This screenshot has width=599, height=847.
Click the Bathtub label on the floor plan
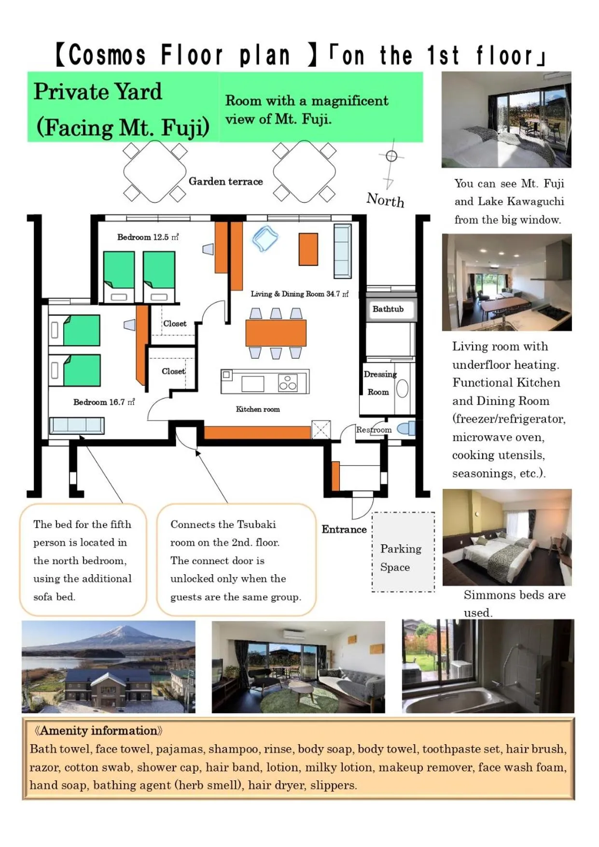coord(388,309)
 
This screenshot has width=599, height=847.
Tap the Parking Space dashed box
coord(403,552)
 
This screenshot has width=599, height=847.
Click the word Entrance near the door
coord(344,529)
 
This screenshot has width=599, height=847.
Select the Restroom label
coord(374,429)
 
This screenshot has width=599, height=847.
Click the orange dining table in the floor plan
coord(276,333)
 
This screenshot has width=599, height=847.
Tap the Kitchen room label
coord(258,409)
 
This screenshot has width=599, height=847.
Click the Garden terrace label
coord(225,182)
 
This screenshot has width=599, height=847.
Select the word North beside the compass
coord(385,199)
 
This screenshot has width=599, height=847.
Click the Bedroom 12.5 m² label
coord(148,237)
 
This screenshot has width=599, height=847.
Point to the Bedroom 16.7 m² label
coord(104,402)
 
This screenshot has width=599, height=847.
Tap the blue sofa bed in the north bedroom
coord(77,425)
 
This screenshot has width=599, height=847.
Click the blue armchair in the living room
coord(265,239)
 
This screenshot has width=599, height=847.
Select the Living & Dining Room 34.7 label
coord(299,294)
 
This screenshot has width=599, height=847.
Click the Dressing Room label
coord(379,382)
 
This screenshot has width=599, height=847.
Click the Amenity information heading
coord(98,731)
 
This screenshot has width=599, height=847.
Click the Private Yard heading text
coord(98,92)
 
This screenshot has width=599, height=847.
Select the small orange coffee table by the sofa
coord(308,249)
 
